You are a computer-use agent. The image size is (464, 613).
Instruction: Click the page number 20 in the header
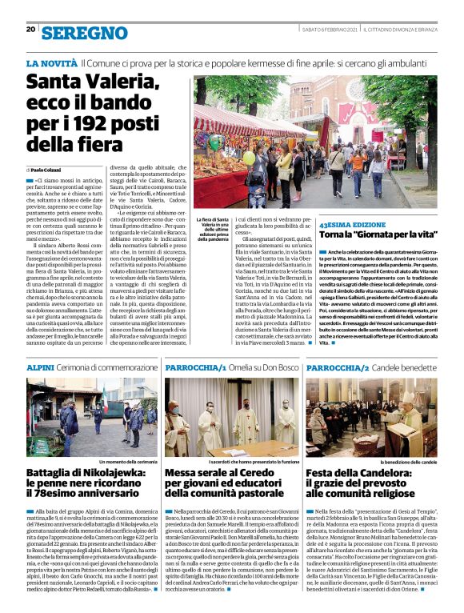click(30, 30)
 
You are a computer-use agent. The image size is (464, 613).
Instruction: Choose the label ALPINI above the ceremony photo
click(41, 366)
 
